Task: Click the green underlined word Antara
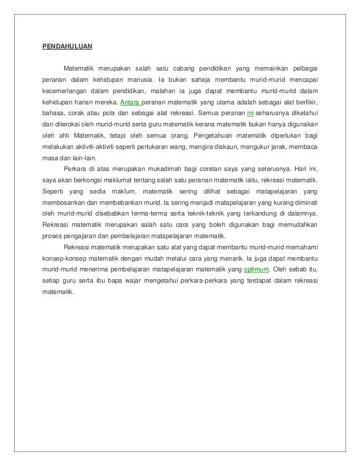point(131,104)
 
